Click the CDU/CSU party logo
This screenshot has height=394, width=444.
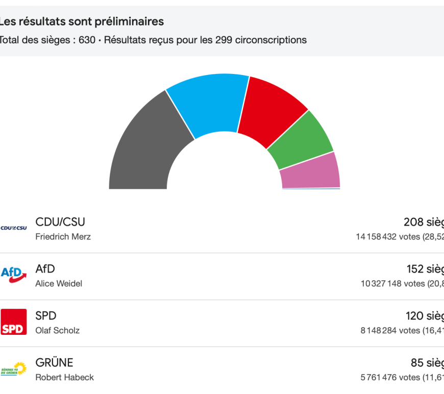click(x=14, y=228)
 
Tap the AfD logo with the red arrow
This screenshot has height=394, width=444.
click(x=14, y=275)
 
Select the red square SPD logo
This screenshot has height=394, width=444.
click(x=14, y=322)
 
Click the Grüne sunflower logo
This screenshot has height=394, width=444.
click(x=14, y=368)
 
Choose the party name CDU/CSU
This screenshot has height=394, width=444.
click(x=60, y=222)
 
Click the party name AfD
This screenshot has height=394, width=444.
click(x=45, y=269)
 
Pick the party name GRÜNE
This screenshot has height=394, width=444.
click(x=54, y=363)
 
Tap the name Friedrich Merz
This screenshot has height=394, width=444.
click(x=63, y=237)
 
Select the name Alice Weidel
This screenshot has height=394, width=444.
click(x=59, y=284)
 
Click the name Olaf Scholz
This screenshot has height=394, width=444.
click(x=57, y=331)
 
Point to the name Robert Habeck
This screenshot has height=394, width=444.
click(x=64, y=378)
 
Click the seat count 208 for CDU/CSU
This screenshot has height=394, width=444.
click(x=413, y=222)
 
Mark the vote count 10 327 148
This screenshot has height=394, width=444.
click(x=381, y=284)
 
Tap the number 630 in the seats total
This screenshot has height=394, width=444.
click(x=87, y=40)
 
